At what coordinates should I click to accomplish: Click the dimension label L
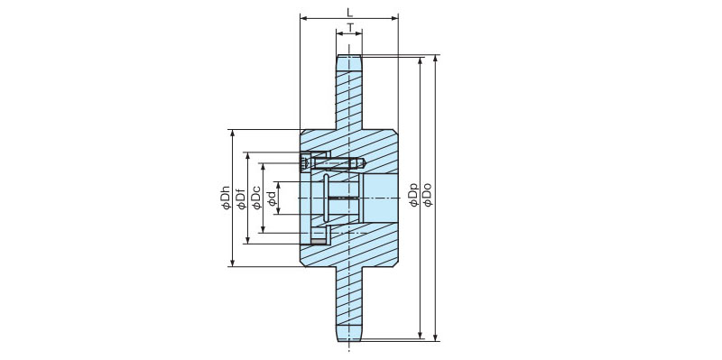tap(349, 12)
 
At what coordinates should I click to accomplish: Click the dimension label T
tap(350, 27)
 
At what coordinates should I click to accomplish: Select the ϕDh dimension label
tap(226, 198)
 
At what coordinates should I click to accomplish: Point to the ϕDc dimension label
tap(256, 198)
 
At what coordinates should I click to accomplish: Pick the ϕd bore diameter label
tap(272, 198)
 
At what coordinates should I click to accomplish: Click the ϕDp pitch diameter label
tap(413, 195)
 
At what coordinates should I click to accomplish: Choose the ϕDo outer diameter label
tap(428, 195)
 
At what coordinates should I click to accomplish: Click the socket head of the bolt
tap(306, 163)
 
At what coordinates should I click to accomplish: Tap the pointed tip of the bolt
tap(364, 163)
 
